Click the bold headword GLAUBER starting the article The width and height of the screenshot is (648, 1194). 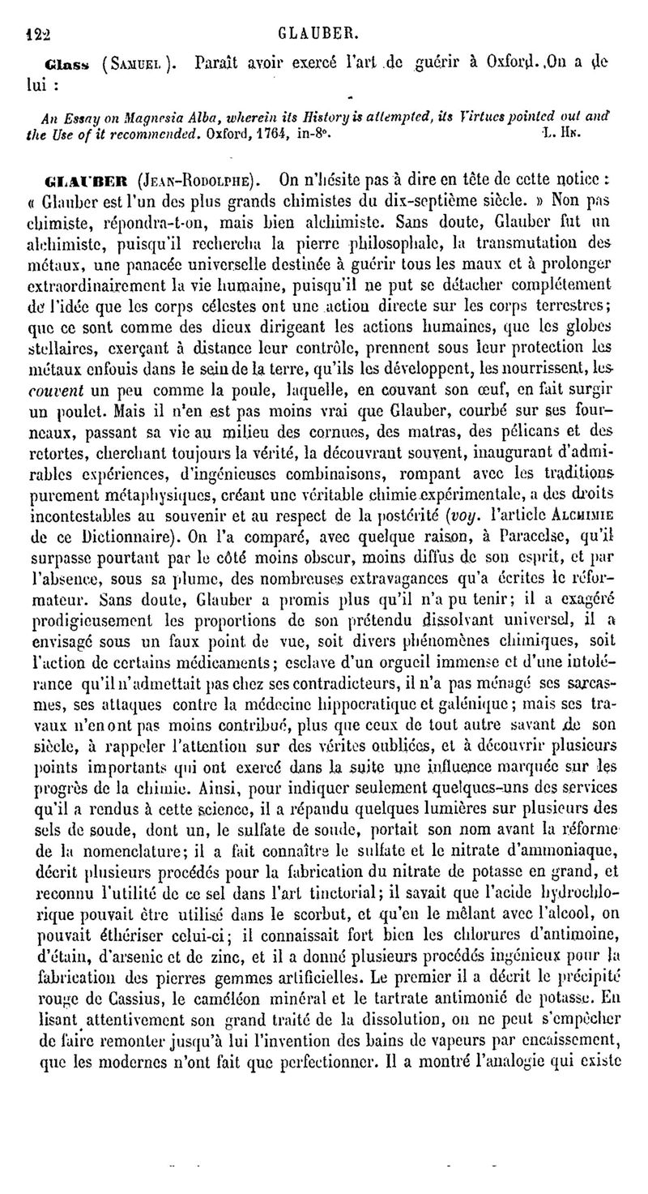pyautogui.click(x=85, y=178)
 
